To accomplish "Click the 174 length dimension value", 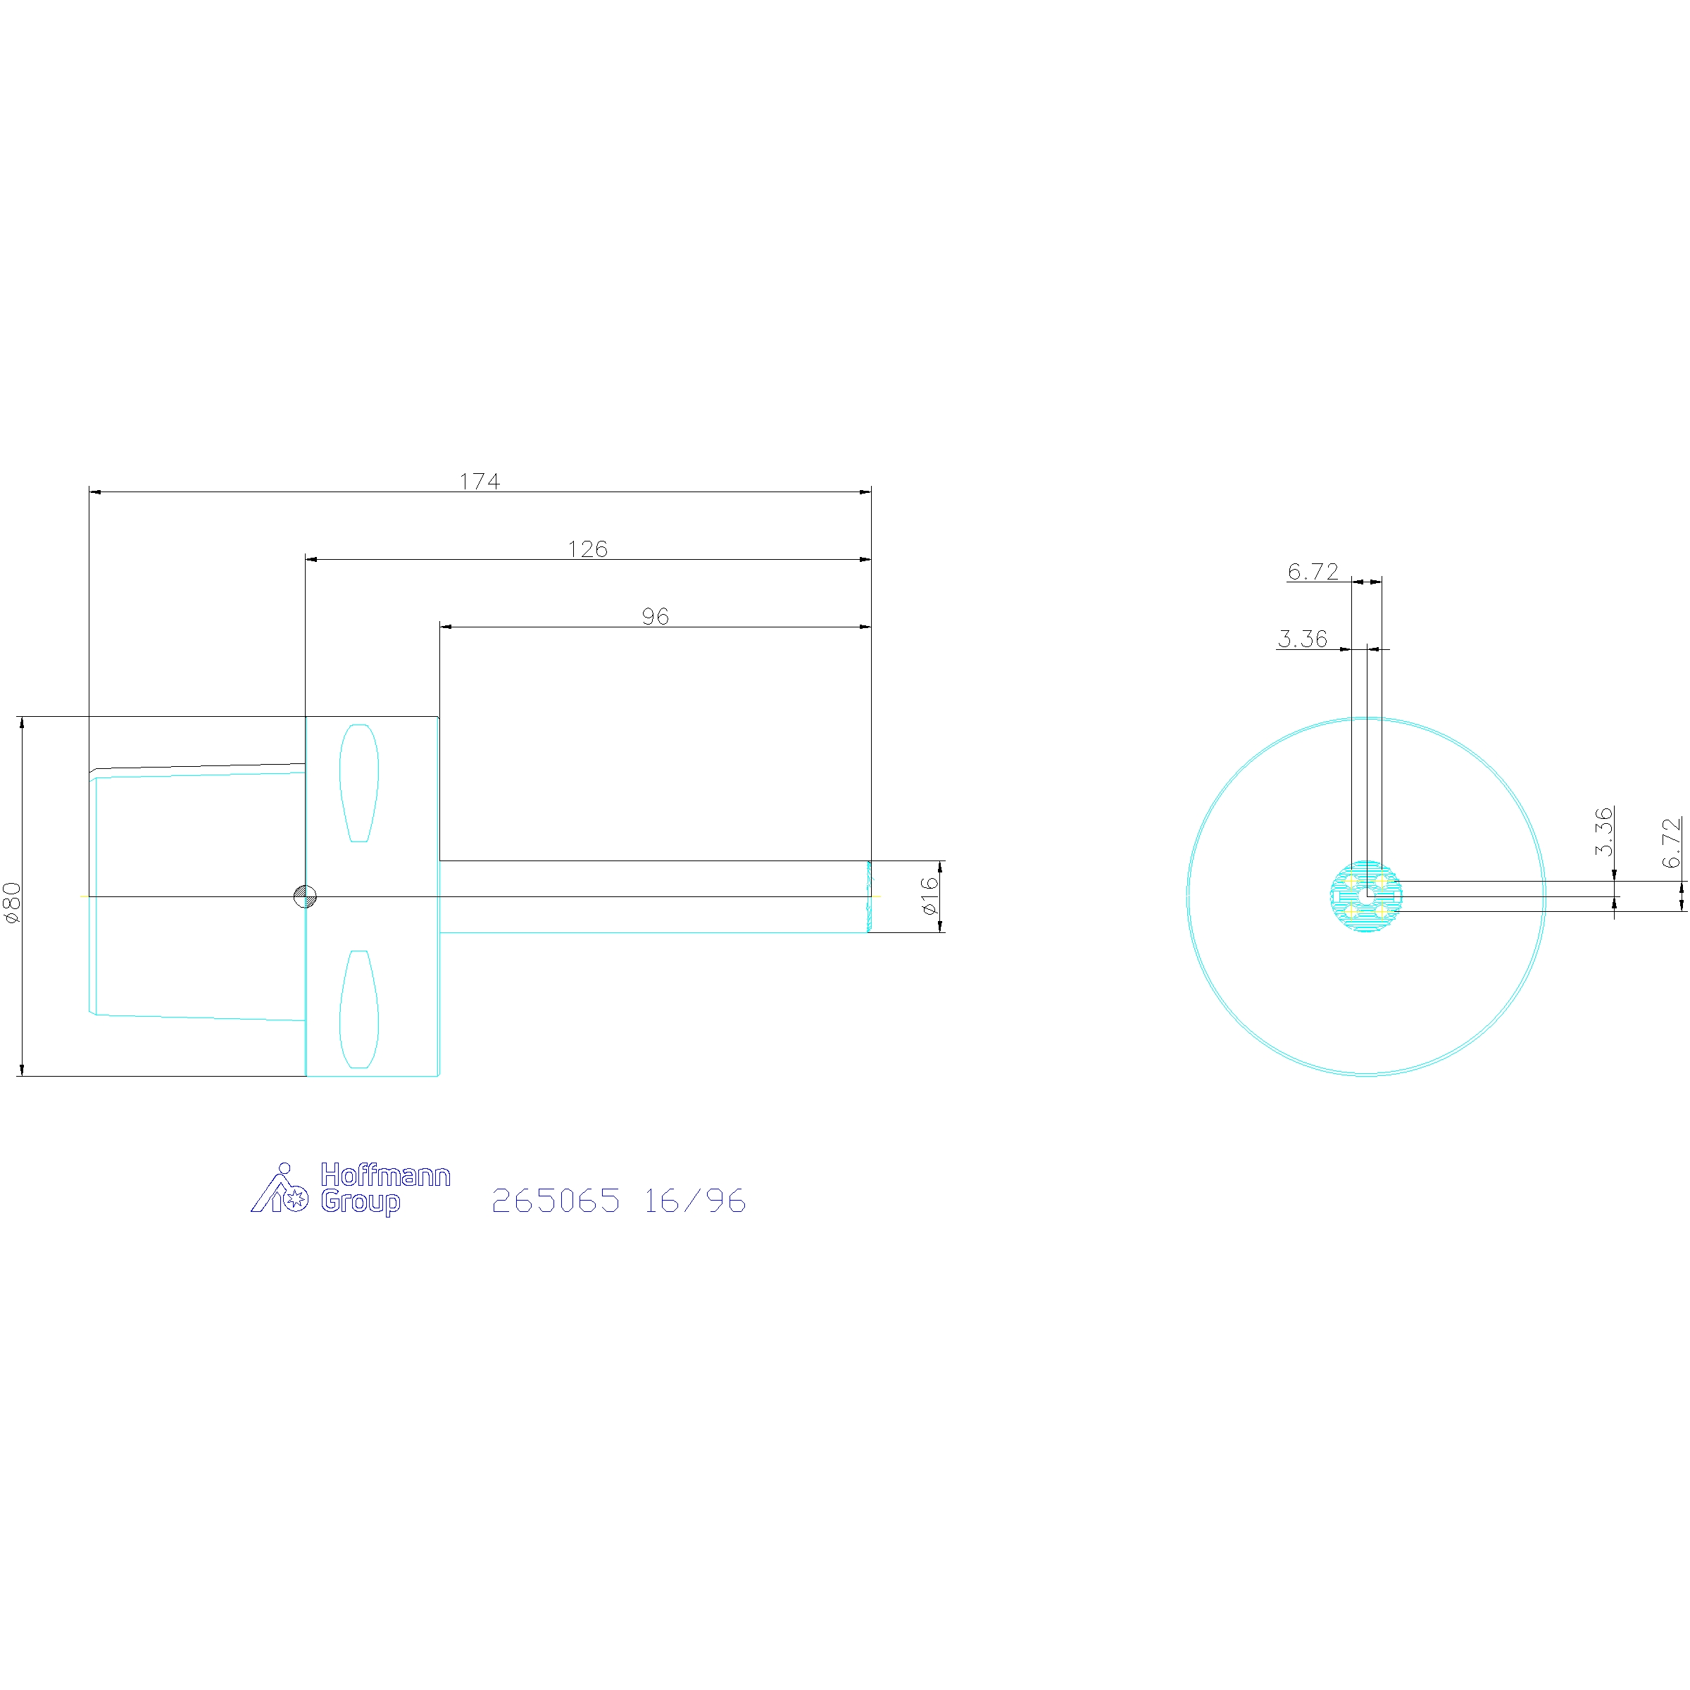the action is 480,481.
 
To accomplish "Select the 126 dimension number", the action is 587,549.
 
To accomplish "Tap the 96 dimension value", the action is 655,617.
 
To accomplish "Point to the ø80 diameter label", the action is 11,902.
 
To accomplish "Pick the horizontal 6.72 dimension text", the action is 1313,571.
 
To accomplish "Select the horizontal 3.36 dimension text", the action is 1303,639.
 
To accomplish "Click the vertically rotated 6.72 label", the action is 1671,842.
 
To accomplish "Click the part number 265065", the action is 556,1200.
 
